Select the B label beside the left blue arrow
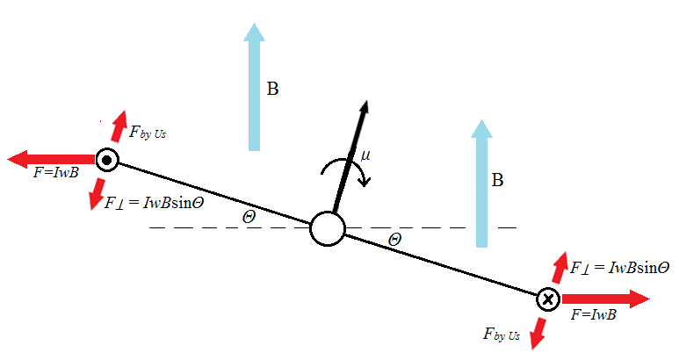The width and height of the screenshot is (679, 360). (273, 90)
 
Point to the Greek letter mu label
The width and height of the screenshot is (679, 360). (365, 155)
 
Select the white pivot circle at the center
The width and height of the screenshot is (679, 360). (328, 230)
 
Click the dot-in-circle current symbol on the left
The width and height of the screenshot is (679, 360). (107, 161)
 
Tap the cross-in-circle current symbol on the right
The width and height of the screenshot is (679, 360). (548, 299)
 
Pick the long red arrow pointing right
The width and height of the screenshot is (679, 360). (606, 299)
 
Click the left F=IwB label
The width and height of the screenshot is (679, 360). (54, 172)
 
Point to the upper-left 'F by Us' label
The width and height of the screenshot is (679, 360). (147, 133)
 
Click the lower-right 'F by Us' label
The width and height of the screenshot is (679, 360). (502, 334)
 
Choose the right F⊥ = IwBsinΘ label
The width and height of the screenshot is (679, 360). (620, 267)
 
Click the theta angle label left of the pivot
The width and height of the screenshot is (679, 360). (249, 215)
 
